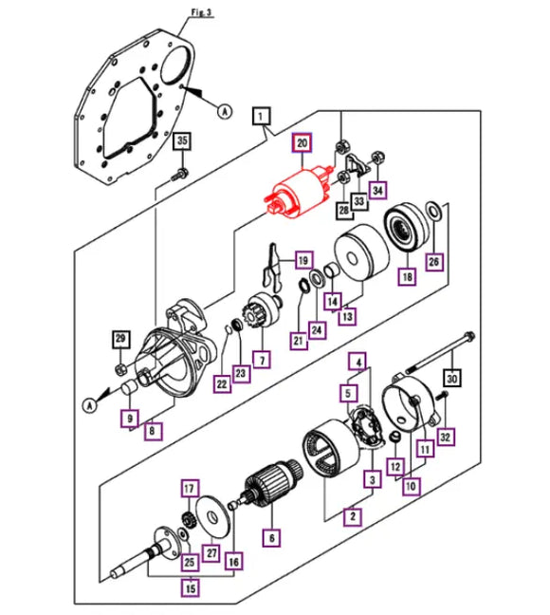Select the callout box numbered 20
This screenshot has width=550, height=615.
pos(302,143)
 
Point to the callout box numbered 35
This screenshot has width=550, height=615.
pos(184,142)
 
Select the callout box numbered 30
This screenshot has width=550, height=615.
pos(453,378)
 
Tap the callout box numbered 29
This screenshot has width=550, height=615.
pos(120,340)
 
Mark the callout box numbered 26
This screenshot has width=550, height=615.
pos(433,261)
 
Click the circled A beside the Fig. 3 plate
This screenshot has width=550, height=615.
pos(225,111)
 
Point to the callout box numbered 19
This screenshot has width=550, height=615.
pos(302,260)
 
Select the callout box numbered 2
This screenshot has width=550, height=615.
pos(352,517)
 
